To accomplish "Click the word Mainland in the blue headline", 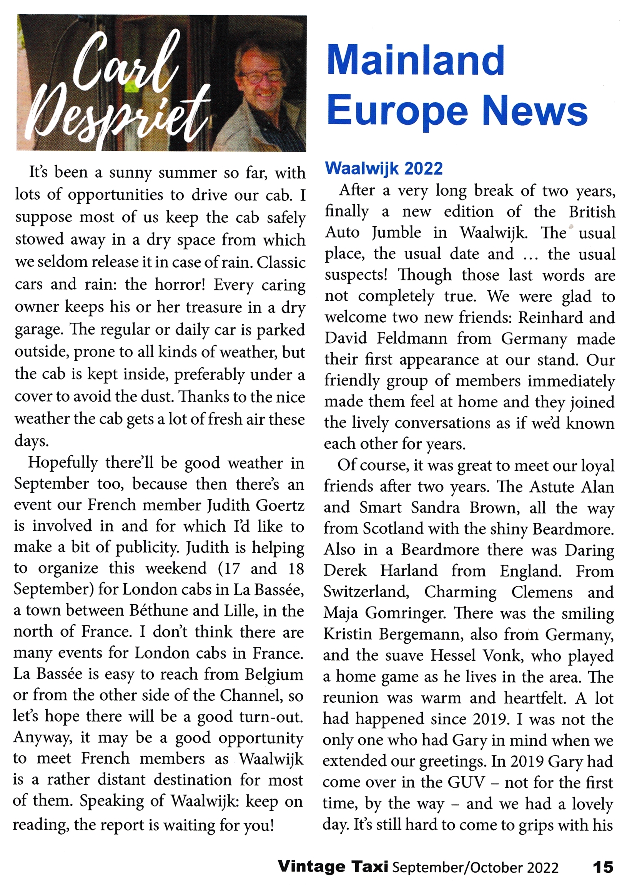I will pos(416,61).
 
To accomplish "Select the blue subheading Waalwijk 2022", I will pos(384,168).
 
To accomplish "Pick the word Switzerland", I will pos(366,592).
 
